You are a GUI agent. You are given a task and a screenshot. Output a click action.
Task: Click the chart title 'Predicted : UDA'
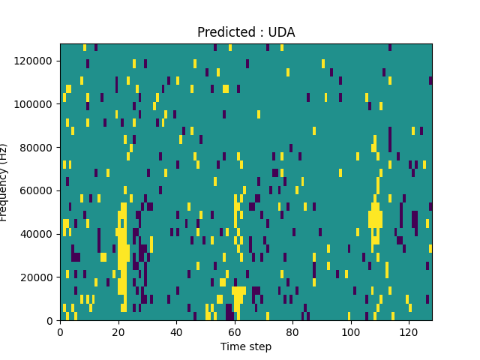pyautogui.click(x=246, y=32)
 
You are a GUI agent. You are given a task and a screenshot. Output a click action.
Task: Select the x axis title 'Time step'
pyautogui.click(x=246, y=346)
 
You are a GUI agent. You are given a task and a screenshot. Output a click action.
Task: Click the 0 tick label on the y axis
pyautogui.click(x=52, y=321)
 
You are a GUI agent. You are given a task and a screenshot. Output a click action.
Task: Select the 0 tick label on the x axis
pyautogui.click(x=60, y=332)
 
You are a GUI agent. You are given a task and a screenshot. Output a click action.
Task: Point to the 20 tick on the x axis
pyautogui.click(x=118, y=332)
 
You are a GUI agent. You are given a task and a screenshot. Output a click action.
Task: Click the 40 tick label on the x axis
pyautogui.click(x=176, y=332)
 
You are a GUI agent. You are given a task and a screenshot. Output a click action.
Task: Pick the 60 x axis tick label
pyautogui.click(x=234, y=332)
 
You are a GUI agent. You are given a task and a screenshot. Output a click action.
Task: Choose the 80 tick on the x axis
pyautogui.click(x=292, y=332)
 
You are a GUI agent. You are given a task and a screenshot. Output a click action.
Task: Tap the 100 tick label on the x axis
pyautogui.click(x=350, y=332)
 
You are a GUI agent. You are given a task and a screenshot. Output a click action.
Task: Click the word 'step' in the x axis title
pyautogui.click(x=259, y=347)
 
